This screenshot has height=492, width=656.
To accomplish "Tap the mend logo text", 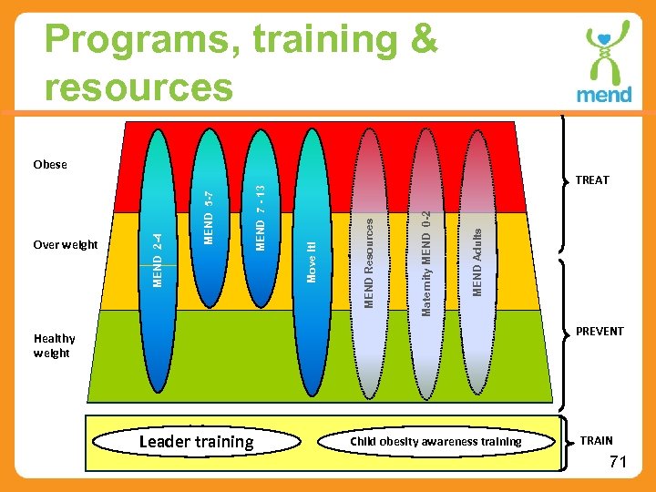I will click(603, 94).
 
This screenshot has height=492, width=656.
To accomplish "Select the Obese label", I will click(50, 165).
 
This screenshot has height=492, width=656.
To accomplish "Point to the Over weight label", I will click(65, 245).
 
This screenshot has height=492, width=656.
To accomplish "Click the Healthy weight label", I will click(54, 346).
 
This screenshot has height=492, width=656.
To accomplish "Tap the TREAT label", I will click(591, 180).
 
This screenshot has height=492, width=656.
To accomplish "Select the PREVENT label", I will click(599, 332).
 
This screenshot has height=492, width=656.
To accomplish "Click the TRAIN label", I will click(597, 441).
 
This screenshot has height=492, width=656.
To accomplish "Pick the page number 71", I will click(618, 463).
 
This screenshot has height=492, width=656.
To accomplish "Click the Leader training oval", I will click(196, 442).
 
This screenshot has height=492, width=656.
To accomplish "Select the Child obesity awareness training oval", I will click(436, 442).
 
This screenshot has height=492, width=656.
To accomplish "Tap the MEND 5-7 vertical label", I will click(209, 218).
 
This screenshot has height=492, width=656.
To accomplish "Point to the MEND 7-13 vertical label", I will click(261, 218).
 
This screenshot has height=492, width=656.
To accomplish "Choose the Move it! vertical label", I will click(312, 262).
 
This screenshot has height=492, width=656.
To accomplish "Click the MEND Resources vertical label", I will click(369, 261).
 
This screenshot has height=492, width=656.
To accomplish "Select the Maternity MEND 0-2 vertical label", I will click(425, 263).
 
